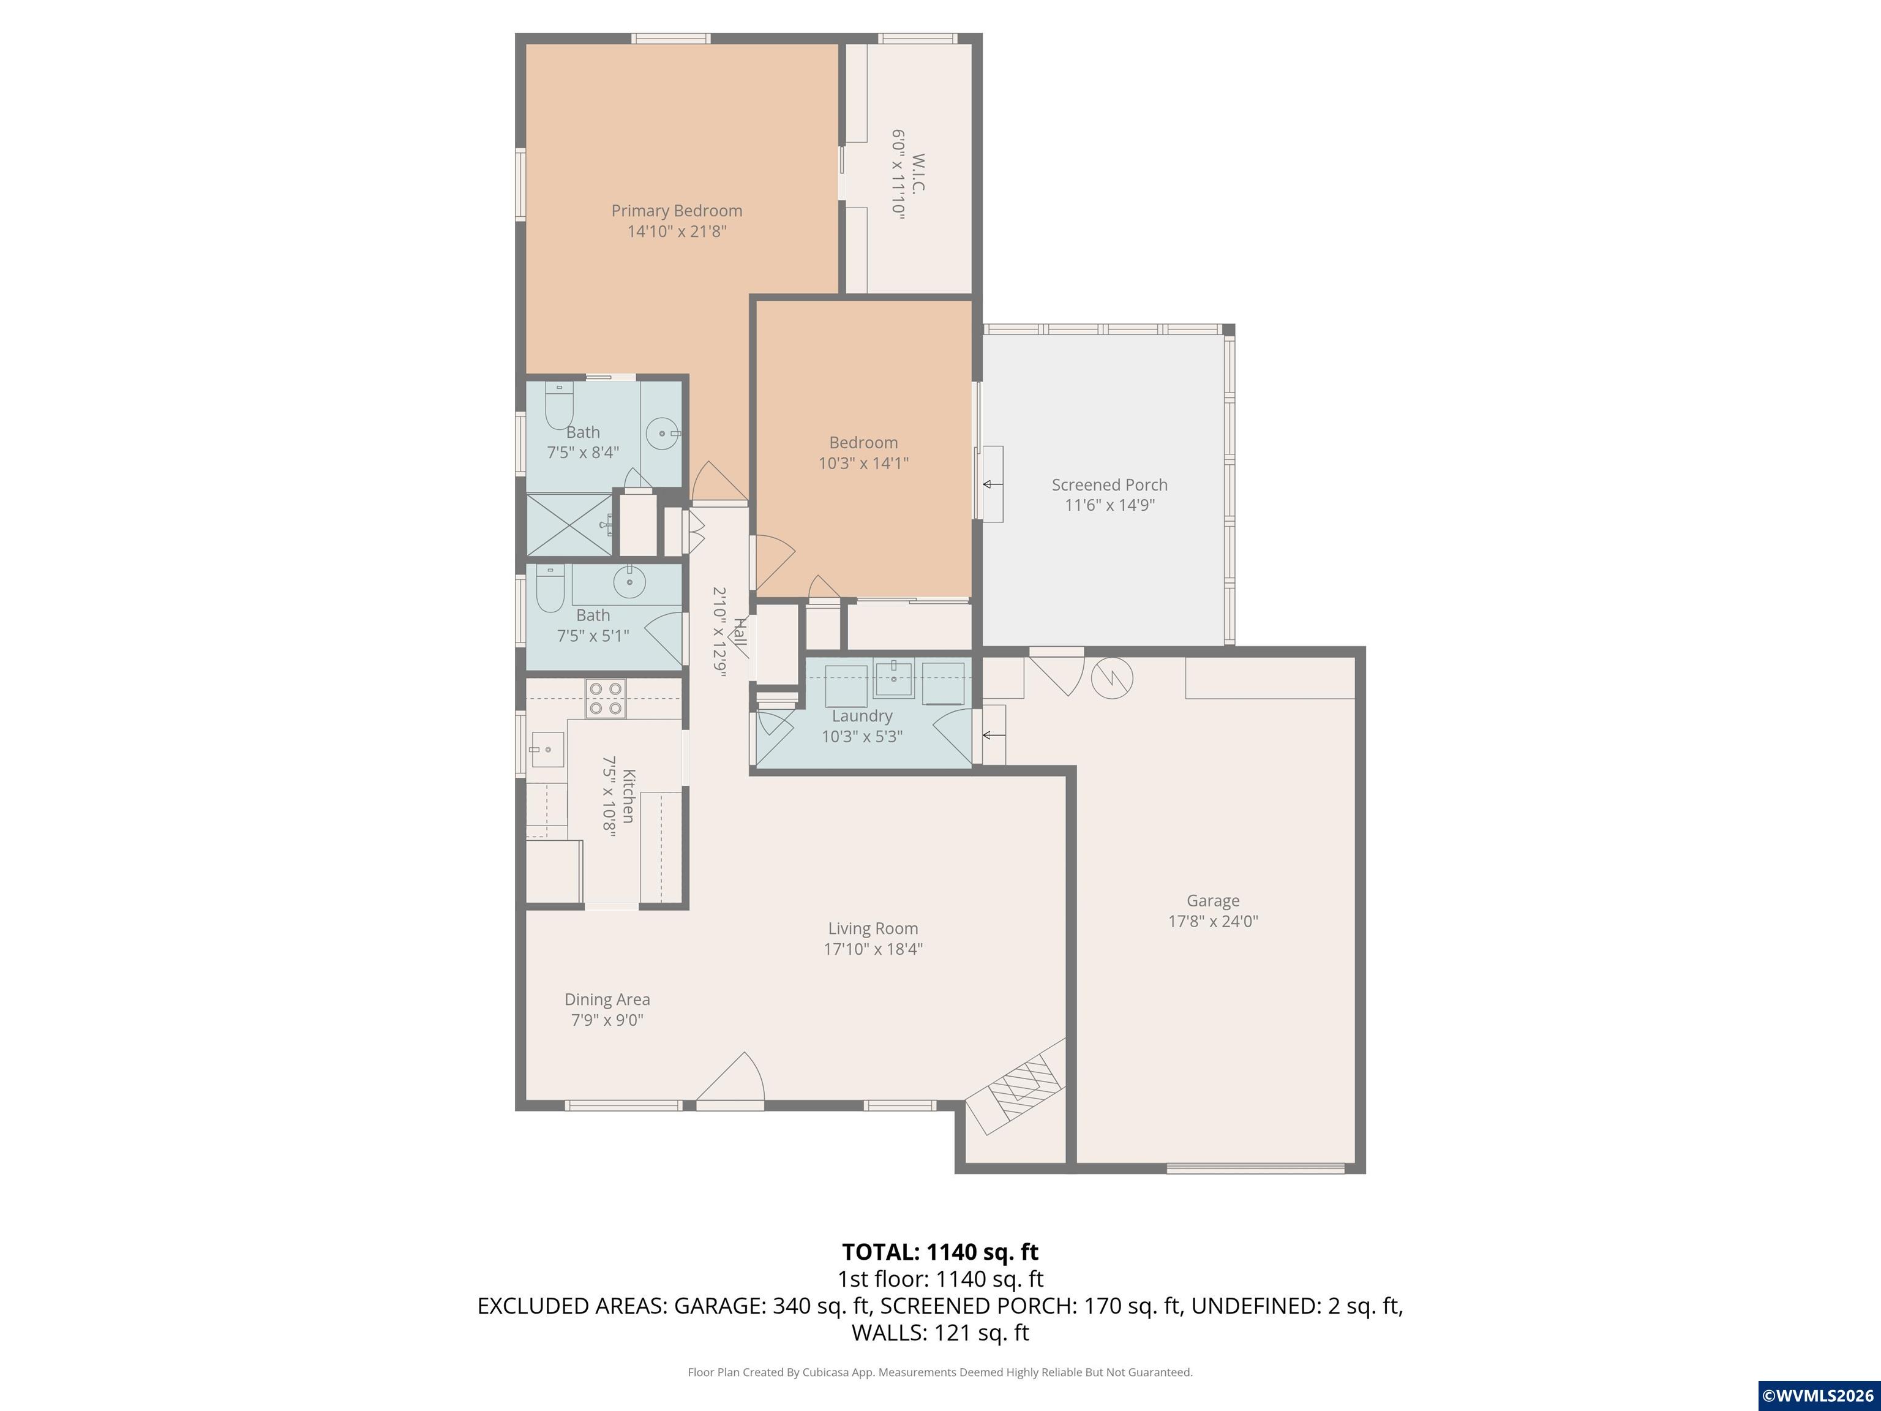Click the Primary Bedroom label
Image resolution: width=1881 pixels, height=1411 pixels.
[x=676, y=210]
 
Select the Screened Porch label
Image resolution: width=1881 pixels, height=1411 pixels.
[x=1109, y=485]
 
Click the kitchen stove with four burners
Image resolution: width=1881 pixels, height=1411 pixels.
[x=604, y=698]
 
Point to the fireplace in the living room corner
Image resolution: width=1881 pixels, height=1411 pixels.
[x=1024, y=1089]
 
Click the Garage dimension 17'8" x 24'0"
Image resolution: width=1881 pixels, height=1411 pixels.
[x=1212, y=921]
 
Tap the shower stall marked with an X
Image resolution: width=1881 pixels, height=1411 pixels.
[x=569, y=525]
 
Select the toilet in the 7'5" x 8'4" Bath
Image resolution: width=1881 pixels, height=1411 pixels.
[x=558, y=407]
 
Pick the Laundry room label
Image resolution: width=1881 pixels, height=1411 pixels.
[x=862, y=716]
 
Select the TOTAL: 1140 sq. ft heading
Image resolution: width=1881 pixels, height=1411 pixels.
[x=940, y=1252]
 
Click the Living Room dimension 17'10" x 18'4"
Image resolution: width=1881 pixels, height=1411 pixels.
[x=873, y=949]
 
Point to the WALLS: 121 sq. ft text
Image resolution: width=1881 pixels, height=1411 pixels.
[x=940, y=1333]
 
